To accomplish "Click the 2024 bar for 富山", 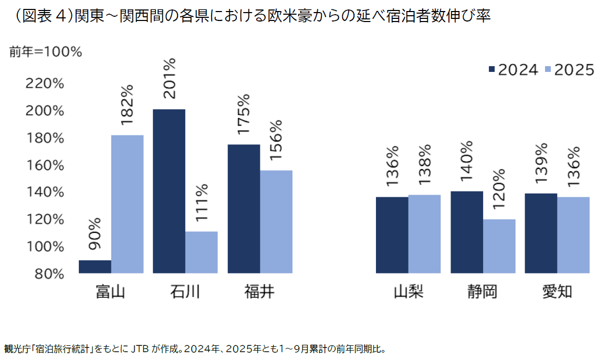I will point(95,267).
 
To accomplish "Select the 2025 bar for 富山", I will point(127,204).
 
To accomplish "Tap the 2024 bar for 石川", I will point(169,191).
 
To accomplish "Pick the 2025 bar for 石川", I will point(202,252).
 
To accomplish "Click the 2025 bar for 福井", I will point(276,221).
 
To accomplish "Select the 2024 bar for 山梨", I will point(392,235).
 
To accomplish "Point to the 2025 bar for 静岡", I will point(499,246).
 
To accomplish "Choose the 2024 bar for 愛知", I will point(541,233).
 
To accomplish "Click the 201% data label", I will point(170,78).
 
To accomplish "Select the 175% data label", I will point(244,114).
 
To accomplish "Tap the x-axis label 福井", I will point(259,291).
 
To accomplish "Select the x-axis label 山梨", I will point(408,291).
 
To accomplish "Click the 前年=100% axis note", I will point(46,52).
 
